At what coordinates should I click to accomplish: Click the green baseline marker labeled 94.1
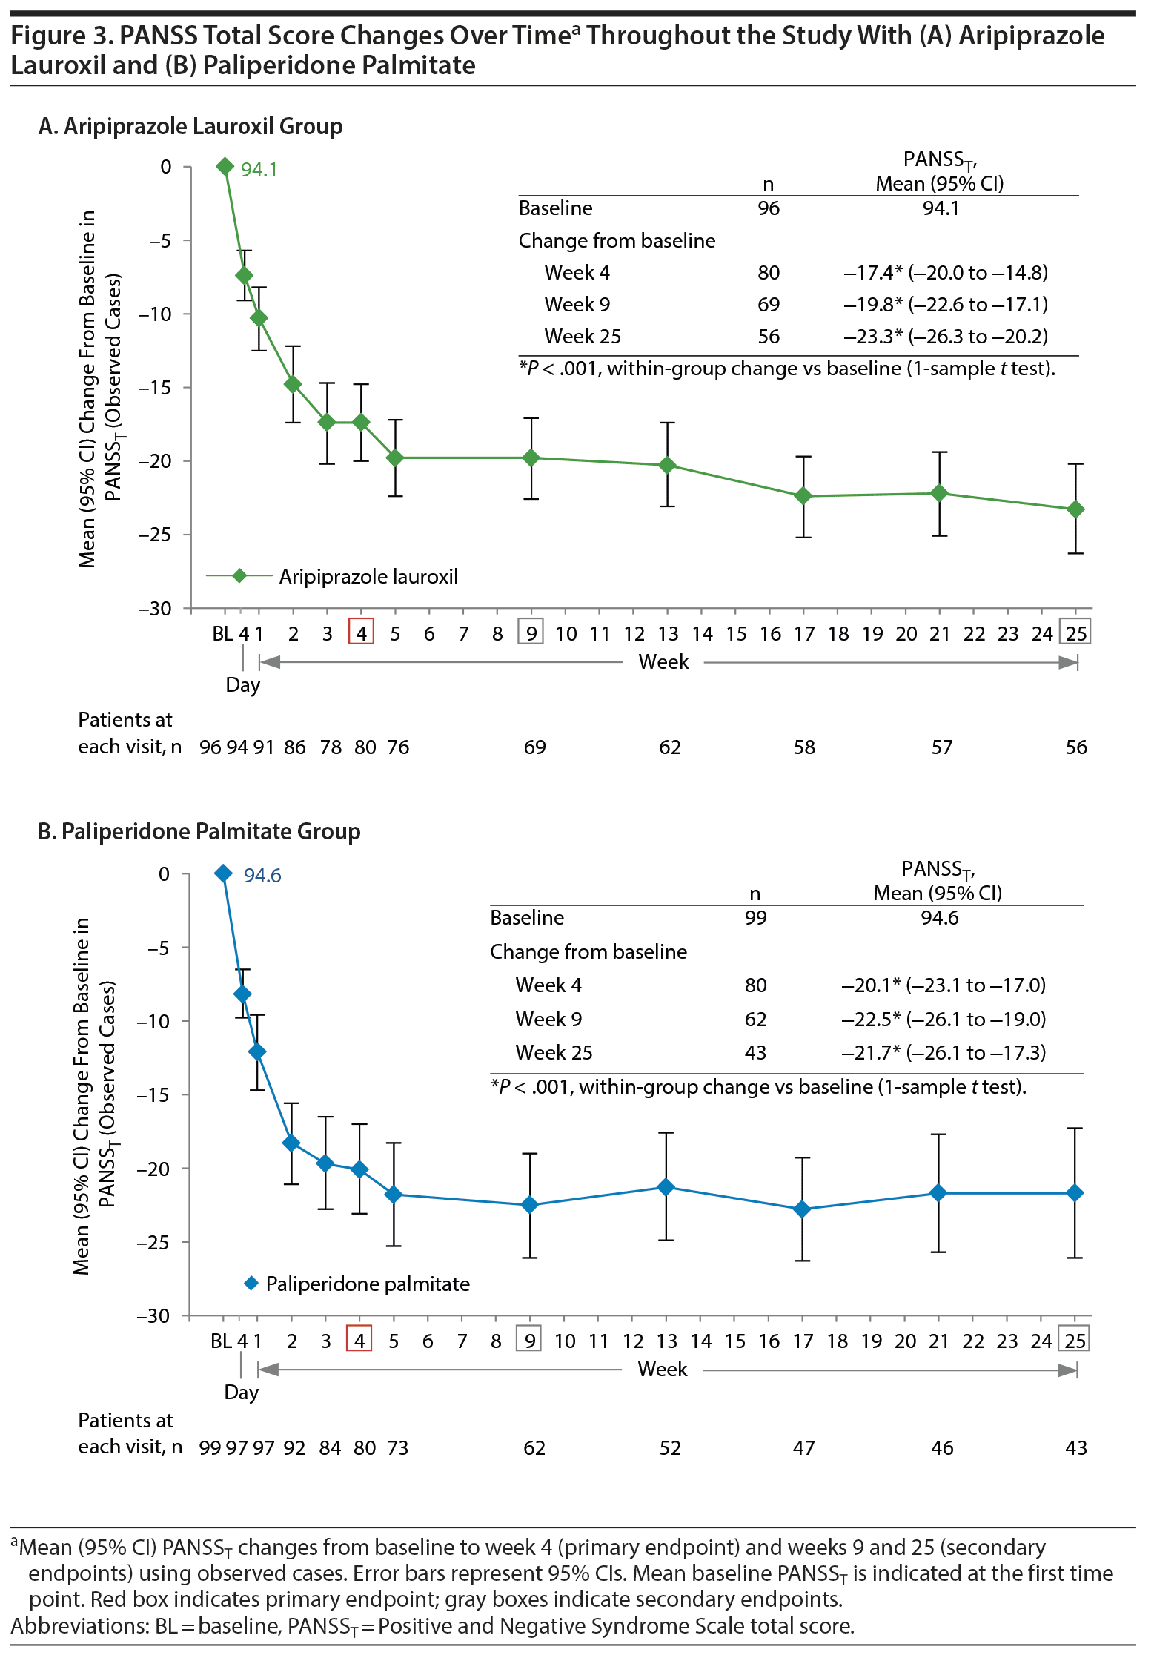click(x=225, y=167)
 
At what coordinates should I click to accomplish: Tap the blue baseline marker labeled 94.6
click(x=223, y=873)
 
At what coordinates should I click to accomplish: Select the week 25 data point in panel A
click(x=1075, y=509)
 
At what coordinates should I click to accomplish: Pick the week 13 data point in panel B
click(x=666, y=1187)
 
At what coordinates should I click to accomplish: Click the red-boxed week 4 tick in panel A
click(x=361, y=633)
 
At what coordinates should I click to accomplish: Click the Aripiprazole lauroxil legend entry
click(x=368, y=577)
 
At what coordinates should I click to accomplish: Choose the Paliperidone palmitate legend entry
click(x=368, y=1284)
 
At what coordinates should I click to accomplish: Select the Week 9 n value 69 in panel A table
click(x=769, y=305)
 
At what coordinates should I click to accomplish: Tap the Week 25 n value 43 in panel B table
click(x=755, y=1053)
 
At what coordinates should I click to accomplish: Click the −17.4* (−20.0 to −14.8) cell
click(x=946, y=273)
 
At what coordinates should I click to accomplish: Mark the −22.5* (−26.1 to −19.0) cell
click(x=944, y=1020)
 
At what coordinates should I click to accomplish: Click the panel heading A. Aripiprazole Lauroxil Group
click(x=190, y=127)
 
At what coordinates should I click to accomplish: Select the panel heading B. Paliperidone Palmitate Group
click(x=199, y=832)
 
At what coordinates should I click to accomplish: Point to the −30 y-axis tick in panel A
click(x=155, y=609)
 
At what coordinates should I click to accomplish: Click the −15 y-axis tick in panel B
click(x=153, y=1095)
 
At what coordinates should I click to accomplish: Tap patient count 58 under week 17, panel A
click(x=804, y=747)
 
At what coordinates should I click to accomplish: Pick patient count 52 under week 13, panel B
click(x=670, y=1448)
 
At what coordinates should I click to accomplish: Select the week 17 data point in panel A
click(x=803, y=496)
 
